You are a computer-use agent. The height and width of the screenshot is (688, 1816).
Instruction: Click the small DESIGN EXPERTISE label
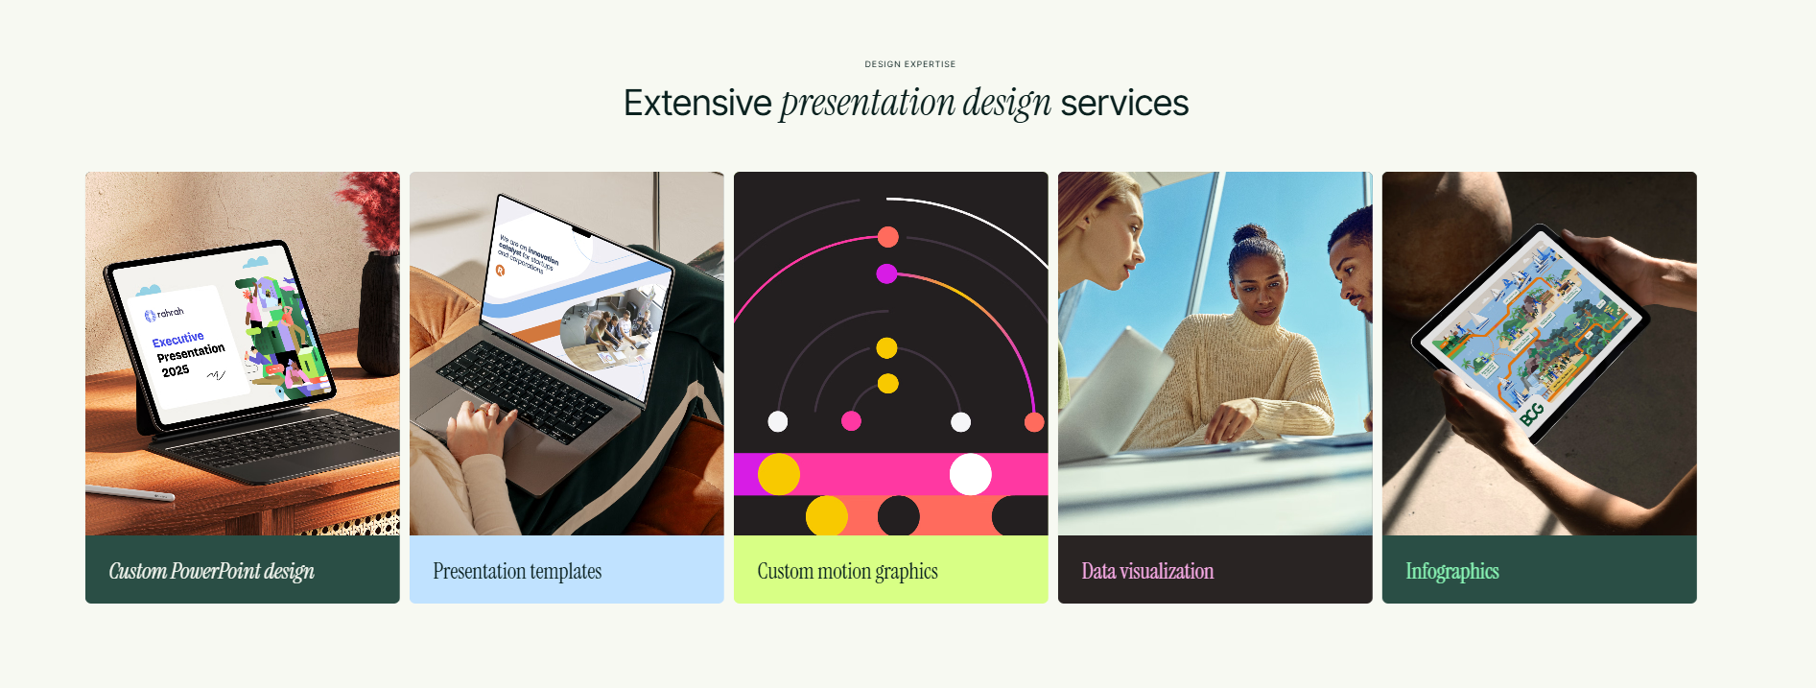(909, 64)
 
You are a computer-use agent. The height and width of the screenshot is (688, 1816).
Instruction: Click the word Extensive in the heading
(697, 104)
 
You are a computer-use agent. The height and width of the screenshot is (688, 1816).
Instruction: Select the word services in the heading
(1124, 104)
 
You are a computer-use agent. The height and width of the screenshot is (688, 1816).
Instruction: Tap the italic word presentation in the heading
(867, 104)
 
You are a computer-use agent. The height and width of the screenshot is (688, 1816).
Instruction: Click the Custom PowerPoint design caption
(212, 571)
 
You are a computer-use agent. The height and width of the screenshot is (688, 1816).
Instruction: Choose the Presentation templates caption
(517, 571)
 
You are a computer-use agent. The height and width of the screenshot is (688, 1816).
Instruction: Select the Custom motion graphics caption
(847, 571)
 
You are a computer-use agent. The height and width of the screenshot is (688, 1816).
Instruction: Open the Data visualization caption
(1147, 571)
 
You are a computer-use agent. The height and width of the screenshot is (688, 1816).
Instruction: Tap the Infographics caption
(1452, 571)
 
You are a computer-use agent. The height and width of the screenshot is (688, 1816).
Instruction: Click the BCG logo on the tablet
(1532, 415)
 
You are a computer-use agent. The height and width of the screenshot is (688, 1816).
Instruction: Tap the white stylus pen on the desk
(130, 493)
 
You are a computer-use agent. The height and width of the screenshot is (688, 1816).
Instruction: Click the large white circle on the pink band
(970, 474)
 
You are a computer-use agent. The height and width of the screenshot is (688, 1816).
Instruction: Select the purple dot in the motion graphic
(886, 274)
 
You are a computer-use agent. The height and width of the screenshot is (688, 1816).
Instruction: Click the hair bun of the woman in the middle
(1250, 233)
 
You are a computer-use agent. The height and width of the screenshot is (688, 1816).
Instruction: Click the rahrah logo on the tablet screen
(164, 314)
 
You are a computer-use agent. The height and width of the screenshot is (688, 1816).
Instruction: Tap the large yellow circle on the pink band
(779, 474)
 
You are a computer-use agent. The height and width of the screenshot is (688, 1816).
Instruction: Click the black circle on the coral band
(898, 516)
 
